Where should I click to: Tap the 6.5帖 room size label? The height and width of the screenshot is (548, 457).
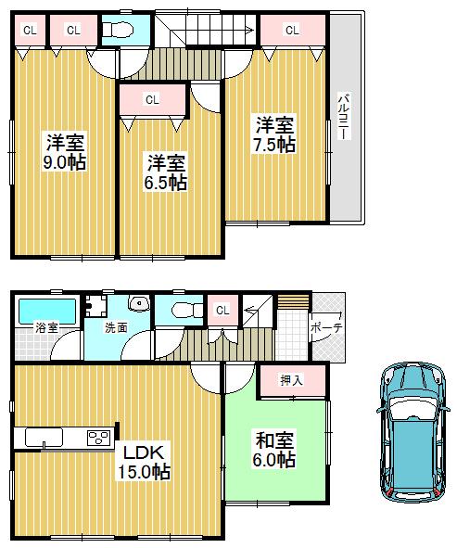(x=164, y=182)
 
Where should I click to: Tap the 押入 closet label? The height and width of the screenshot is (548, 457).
(x=290, y=380)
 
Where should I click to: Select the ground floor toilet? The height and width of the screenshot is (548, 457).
(x=184, y=311)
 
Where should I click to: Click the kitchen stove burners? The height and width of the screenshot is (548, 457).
(x=97, y=438)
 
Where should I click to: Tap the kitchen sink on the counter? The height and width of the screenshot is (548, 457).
(x=41, y=438)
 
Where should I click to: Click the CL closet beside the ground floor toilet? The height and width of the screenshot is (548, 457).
(x=222, y=311)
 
